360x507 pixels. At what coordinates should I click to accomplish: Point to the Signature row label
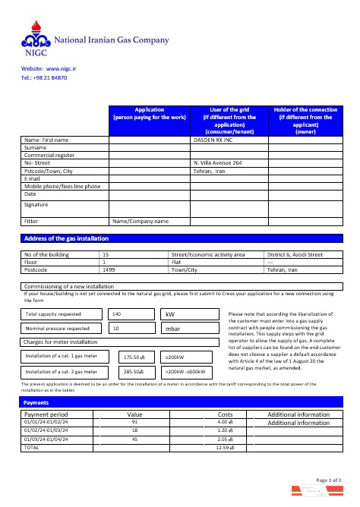pos(36,204)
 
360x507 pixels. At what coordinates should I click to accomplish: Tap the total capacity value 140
pos(116,313)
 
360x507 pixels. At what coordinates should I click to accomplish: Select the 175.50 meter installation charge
pos(134,357)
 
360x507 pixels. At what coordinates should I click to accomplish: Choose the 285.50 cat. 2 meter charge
pos(134,373)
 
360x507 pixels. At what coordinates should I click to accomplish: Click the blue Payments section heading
pos(36,402)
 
